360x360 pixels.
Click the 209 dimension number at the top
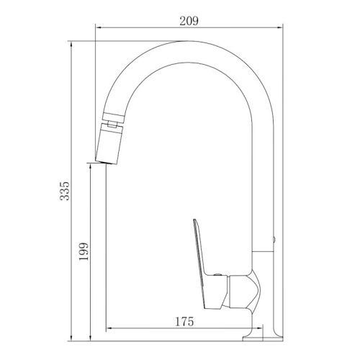point(189,19)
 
